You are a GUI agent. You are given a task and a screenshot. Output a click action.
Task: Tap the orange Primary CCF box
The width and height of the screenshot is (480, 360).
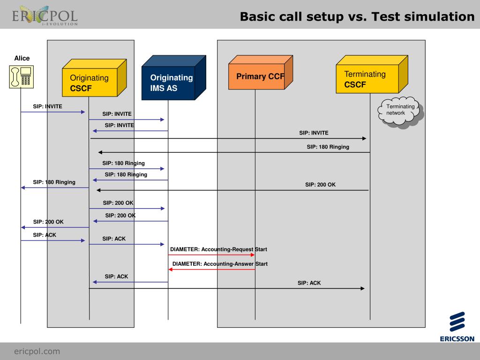(x=257, y=77)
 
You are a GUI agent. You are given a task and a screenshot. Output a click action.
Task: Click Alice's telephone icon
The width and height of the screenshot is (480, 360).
(x=22, y=77)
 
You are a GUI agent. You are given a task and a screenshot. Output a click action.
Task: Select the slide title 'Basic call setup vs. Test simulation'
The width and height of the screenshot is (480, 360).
(x=357, y=17)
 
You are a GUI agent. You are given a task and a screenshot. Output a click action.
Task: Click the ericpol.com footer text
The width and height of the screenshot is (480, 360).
(x=37, y=351)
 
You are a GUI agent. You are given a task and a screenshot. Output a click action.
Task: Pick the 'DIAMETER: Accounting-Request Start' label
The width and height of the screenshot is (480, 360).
(x=218, y=249)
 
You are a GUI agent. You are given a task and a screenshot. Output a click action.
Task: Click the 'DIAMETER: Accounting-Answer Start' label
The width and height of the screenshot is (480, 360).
(x=220, y=264)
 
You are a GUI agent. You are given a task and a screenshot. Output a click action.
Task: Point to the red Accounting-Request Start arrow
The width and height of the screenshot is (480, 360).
(x=211, y=255)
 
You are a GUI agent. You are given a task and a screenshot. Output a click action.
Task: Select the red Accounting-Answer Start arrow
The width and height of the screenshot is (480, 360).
(x=211, y=270)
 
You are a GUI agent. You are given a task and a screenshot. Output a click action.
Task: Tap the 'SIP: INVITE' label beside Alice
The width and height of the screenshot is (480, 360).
(x=47, y=106)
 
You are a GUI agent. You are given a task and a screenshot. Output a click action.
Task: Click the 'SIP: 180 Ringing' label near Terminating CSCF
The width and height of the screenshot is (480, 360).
(x=328, y=147)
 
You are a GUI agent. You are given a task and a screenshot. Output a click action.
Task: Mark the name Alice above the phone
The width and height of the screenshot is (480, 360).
(x=22, y=59)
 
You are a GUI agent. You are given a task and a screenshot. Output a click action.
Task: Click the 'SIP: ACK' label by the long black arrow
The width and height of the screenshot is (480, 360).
(x=309, y=283)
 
